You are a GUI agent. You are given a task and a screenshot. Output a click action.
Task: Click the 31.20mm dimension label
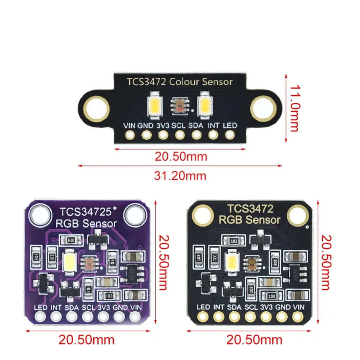(180, 175)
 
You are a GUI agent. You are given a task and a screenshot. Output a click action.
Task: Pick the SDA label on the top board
(195, 126)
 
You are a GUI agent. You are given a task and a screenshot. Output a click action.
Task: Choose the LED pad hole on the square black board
(203, 318)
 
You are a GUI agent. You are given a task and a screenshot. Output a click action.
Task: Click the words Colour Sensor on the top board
(201, 82)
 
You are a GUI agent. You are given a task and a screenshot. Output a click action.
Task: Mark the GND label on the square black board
(283, 307)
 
